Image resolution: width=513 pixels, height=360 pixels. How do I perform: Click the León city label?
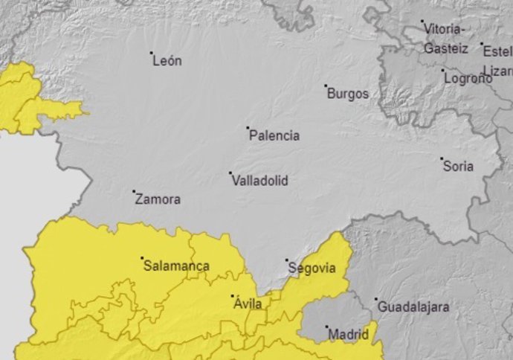[x=167, y=61]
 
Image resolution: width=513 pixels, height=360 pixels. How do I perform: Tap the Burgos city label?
[x=348, y=94]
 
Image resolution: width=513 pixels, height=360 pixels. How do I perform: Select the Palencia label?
[x=275, y=135]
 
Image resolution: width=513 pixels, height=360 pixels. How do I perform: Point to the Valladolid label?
[x=259, y=181]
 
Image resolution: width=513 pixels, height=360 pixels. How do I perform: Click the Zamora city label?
[x=158, y=199]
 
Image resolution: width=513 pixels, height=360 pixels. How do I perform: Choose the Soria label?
[x=458, y=167]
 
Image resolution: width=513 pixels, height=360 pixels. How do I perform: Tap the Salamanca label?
[x=176, y=266]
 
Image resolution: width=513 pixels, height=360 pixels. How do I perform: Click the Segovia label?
[x=312, y=269]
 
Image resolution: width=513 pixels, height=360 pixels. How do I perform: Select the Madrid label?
[x=348, y=335]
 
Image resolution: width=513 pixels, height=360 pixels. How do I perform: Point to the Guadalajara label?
[x=413, y=306]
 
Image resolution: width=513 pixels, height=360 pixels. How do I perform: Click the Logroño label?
[x=468, y=78]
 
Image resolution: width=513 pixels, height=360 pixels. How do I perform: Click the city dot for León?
[x=151, y=53]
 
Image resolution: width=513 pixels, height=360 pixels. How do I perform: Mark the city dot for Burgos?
[x=326, y=86]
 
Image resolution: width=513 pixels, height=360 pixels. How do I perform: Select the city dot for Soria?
[x=442, y=158]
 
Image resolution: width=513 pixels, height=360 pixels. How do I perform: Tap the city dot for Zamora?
[x=134, y=191]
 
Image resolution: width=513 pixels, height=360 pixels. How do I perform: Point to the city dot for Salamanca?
[x=142, y=258]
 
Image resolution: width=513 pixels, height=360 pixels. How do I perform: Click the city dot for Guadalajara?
[x=375, y=299]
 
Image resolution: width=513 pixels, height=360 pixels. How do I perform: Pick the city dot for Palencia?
[x=248, y=127]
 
